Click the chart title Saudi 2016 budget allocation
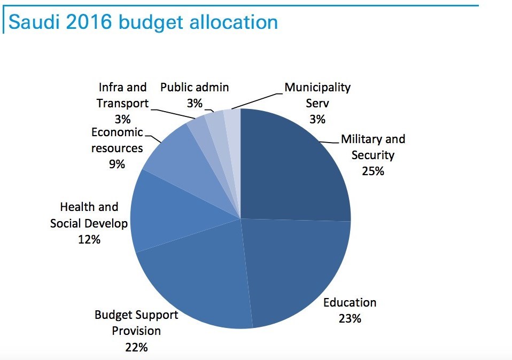pyautogui.click(x=144, y=22)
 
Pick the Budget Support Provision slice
pyautogui.click(x=198, y=283)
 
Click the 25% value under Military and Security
pyautogui.click(x=373, y=171)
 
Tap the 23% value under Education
pyautogui.click(x=350, y=319)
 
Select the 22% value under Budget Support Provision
pyautogui.click(x=136, y=347)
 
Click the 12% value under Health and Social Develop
pyautogui.click(x=89, y=239)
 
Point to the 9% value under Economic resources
pyautogui.click(x=117, y=164)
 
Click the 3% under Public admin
pyautogui.click(x=195, y=103)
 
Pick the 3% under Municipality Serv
pyautogui.click(x=317, y=119)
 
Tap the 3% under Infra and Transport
pyautogui.click(x=122, y=119)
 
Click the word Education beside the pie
pyautogui.click(x=350, y=303)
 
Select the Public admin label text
pyautogui.click(x=195, y=87)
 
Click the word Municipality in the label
pyautogui.click(x=317, y=87)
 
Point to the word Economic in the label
pyautogui.click(x=117, y=132)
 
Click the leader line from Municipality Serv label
pyautogui.click(x=257, y=101)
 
